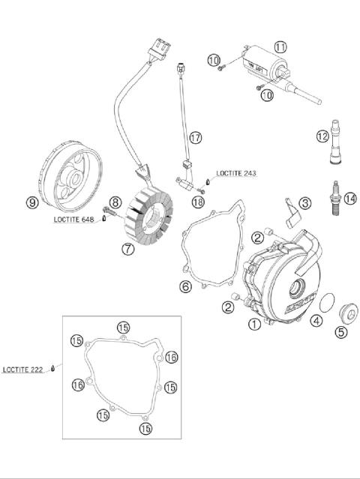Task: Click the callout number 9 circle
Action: pyautogui.click(x=31, y=202)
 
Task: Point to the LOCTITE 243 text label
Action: pyautogui.click(x=236, y=173)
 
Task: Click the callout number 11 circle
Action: pyautogui.click(x=280, y=46)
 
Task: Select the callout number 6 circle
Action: pyautogui.click(x=185, y=286)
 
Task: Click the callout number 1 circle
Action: pyautogui.click(x=254, y=324)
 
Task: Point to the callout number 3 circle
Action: pyautogui.click(x=304, y=203)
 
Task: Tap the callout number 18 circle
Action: pyautogui.click(x=198, y=202)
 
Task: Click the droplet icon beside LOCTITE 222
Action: pyautogui.click(x=54, y=369)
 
